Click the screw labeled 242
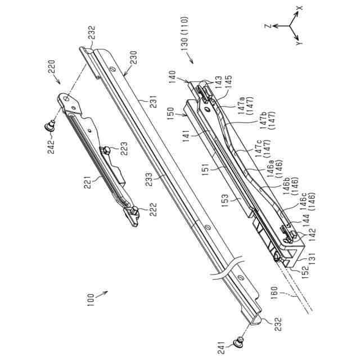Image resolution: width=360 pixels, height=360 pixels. click(x=50, y=125)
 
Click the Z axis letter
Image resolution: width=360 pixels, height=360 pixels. click(x=269, y=26)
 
